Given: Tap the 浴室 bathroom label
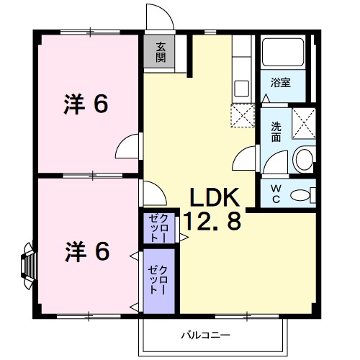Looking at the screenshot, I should (282, 83).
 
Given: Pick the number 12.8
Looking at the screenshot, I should (210, 222).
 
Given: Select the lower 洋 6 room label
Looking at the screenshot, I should (88, 251).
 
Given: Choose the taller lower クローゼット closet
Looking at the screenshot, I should (158, 281).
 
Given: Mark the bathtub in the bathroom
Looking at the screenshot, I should (283, 54).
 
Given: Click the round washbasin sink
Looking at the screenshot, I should (303, 159).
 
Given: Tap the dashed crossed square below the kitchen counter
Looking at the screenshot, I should (242, 115).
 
